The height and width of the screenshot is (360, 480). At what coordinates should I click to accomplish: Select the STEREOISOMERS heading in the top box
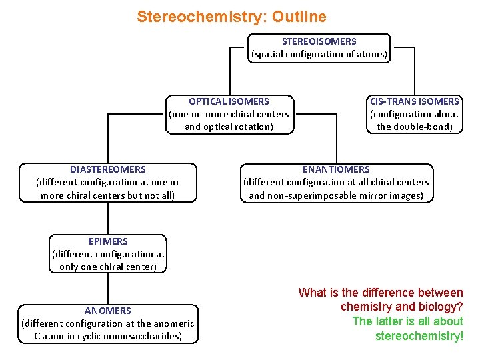319,41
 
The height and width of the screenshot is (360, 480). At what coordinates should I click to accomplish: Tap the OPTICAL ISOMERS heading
229,101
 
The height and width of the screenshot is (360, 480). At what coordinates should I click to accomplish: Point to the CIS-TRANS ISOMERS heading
414,101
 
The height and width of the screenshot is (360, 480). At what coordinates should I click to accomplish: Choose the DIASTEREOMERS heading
107,169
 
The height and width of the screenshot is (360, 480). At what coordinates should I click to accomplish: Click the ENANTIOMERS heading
336,169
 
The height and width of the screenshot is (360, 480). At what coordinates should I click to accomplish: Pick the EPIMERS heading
107,241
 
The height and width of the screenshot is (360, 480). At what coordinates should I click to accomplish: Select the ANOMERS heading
107,310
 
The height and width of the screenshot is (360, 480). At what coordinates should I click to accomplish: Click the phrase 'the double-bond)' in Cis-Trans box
414,127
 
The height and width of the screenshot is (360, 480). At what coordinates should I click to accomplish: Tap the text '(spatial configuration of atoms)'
319,54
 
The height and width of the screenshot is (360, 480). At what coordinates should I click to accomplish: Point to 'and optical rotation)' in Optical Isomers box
229,127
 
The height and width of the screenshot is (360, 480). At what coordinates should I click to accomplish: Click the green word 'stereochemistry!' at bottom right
419,335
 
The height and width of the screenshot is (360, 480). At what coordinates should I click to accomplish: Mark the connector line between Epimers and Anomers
107,287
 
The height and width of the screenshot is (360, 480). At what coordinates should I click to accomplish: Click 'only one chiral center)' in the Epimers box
107,267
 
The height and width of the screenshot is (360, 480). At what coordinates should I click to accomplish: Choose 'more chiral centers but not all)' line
107,195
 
